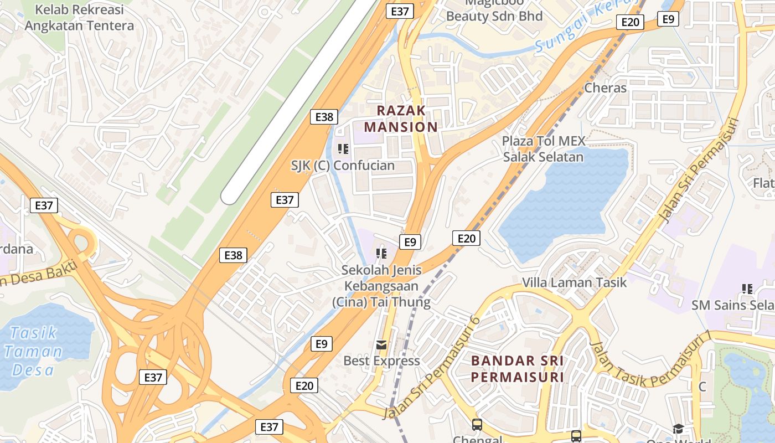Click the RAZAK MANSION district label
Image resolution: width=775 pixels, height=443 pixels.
401,119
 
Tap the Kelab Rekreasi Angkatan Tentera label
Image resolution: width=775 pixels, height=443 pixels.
79,18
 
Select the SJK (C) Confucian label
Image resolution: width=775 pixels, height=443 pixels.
343,166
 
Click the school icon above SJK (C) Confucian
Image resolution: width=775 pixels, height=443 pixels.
343,148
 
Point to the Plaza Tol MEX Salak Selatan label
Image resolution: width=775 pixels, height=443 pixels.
543,149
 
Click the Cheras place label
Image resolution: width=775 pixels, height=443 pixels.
606,88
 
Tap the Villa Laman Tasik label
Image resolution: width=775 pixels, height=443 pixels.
575,282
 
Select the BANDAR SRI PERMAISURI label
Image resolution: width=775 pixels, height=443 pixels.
517,369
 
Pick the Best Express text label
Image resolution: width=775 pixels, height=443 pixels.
381,361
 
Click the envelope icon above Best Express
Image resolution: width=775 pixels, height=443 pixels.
381,345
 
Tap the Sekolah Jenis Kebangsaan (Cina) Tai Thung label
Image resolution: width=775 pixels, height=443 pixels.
381,286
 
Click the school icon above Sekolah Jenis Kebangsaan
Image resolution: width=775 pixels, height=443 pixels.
381,254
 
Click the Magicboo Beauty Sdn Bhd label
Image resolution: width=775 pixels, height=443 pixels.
494,11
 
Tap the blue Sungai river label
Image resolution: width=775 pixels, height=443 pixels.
581,28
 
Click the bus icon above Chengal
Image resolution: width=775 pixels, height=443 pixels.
477,425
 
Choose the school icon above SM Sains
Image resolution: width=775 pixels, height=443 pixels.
747,289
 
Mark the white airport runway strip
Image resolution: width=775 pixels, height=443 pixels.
299,100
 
